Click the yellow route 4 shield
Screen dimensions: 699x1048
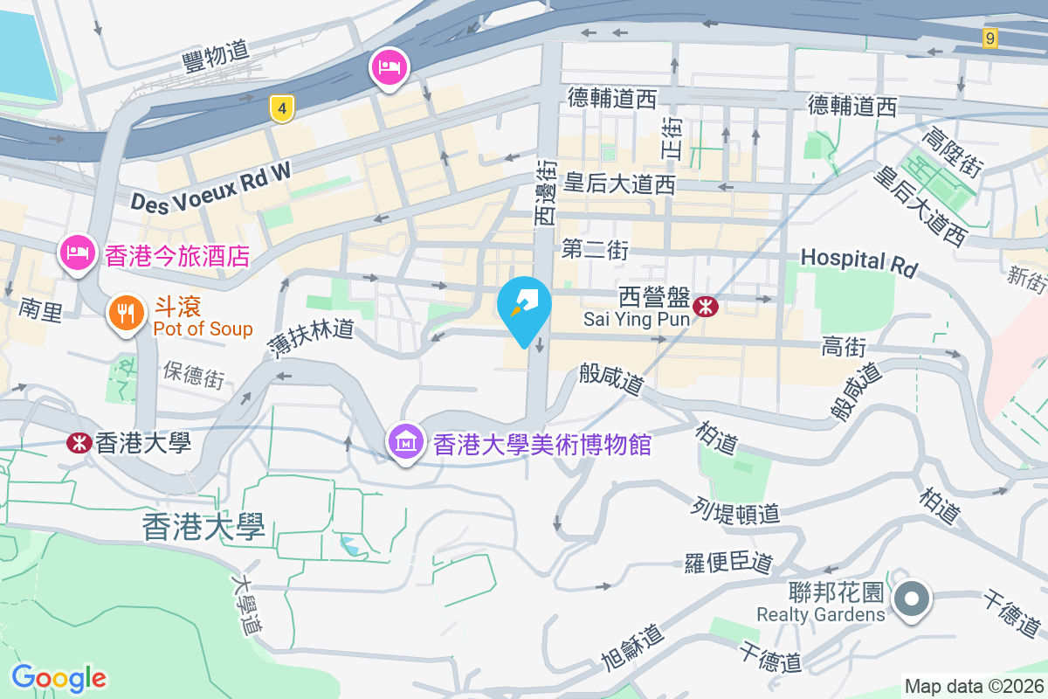pyautogui.click(x=281, y=108)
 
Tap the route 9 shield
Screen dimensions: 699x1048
pyautogui.click(x=989, y=38)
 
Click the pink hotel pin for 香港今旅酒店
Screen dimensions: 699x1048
pyautogui.click(x=78, y=253)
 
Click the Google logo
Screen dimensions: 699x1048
pyautogui.click(x=59, y=677)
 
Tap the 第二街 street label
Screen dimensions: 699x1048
pyautogui.click(x=595, y=250)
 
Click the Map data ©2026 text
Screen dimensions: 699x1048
pyautogui.click(x=974, y=687)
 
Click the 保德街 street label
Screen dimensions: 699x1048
pyautogui.click(x=194, y=374)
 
